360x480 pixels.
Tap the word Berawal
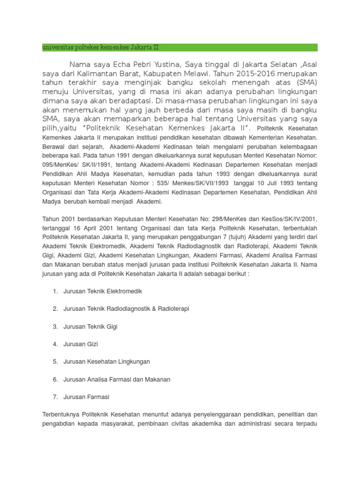tap(54, 146)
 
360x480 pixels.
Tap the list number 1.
tap(55, 291)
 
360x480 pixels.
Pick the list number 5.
tap(55, 361)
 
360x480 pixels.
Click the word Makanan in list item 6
tap(155, 379)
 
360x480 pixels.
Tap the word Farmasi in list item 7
tap(98, 397)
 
